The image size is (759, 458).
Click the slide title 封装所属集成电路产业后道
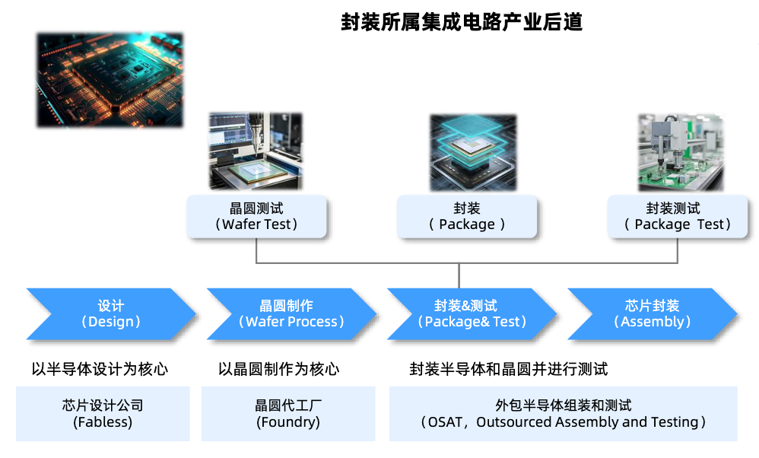pos(462,22)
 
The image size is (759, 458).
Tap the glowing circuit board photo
pos(110,81)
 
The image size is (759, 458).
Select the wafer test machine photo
pos(256,151)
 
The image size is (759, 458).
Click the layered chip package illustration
pos(473,152)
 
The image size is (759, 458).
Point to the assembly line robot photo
pos(681,152)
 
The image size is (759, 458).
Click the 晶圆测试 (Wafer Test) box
pos(256,216)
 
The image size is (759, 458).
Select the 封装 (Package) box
pos(467,216)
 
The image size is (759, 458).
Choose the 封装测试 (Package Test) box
pos(677,216)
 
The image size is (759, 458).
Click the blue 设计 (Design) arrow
pos(111,313)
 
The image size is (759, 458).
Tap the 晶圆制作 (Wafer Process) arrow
pos(291,313)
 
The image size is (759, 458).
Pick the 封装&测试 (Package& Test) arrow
pos(472,313)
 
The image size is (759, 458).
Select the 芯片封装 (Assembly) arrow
pos(653,313)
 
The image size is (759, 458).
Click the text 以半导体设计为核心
pos(100,369)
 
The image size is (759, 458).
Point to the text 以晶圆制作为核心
pos(279,369)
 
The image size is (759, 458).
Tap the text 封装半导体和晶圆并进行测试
pos(509,369)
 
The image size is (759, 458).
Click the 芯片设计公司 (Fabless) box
pos(103,413)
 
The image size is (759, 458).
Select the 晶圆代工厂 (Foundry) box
pos(288,413)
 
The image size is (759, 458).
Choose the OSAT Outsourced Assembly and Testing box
pos(564,413)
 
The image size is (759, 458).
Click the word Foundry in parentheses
pos(288,422)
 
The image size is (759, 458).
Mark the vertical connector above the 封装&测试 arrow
pos(459,276)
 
